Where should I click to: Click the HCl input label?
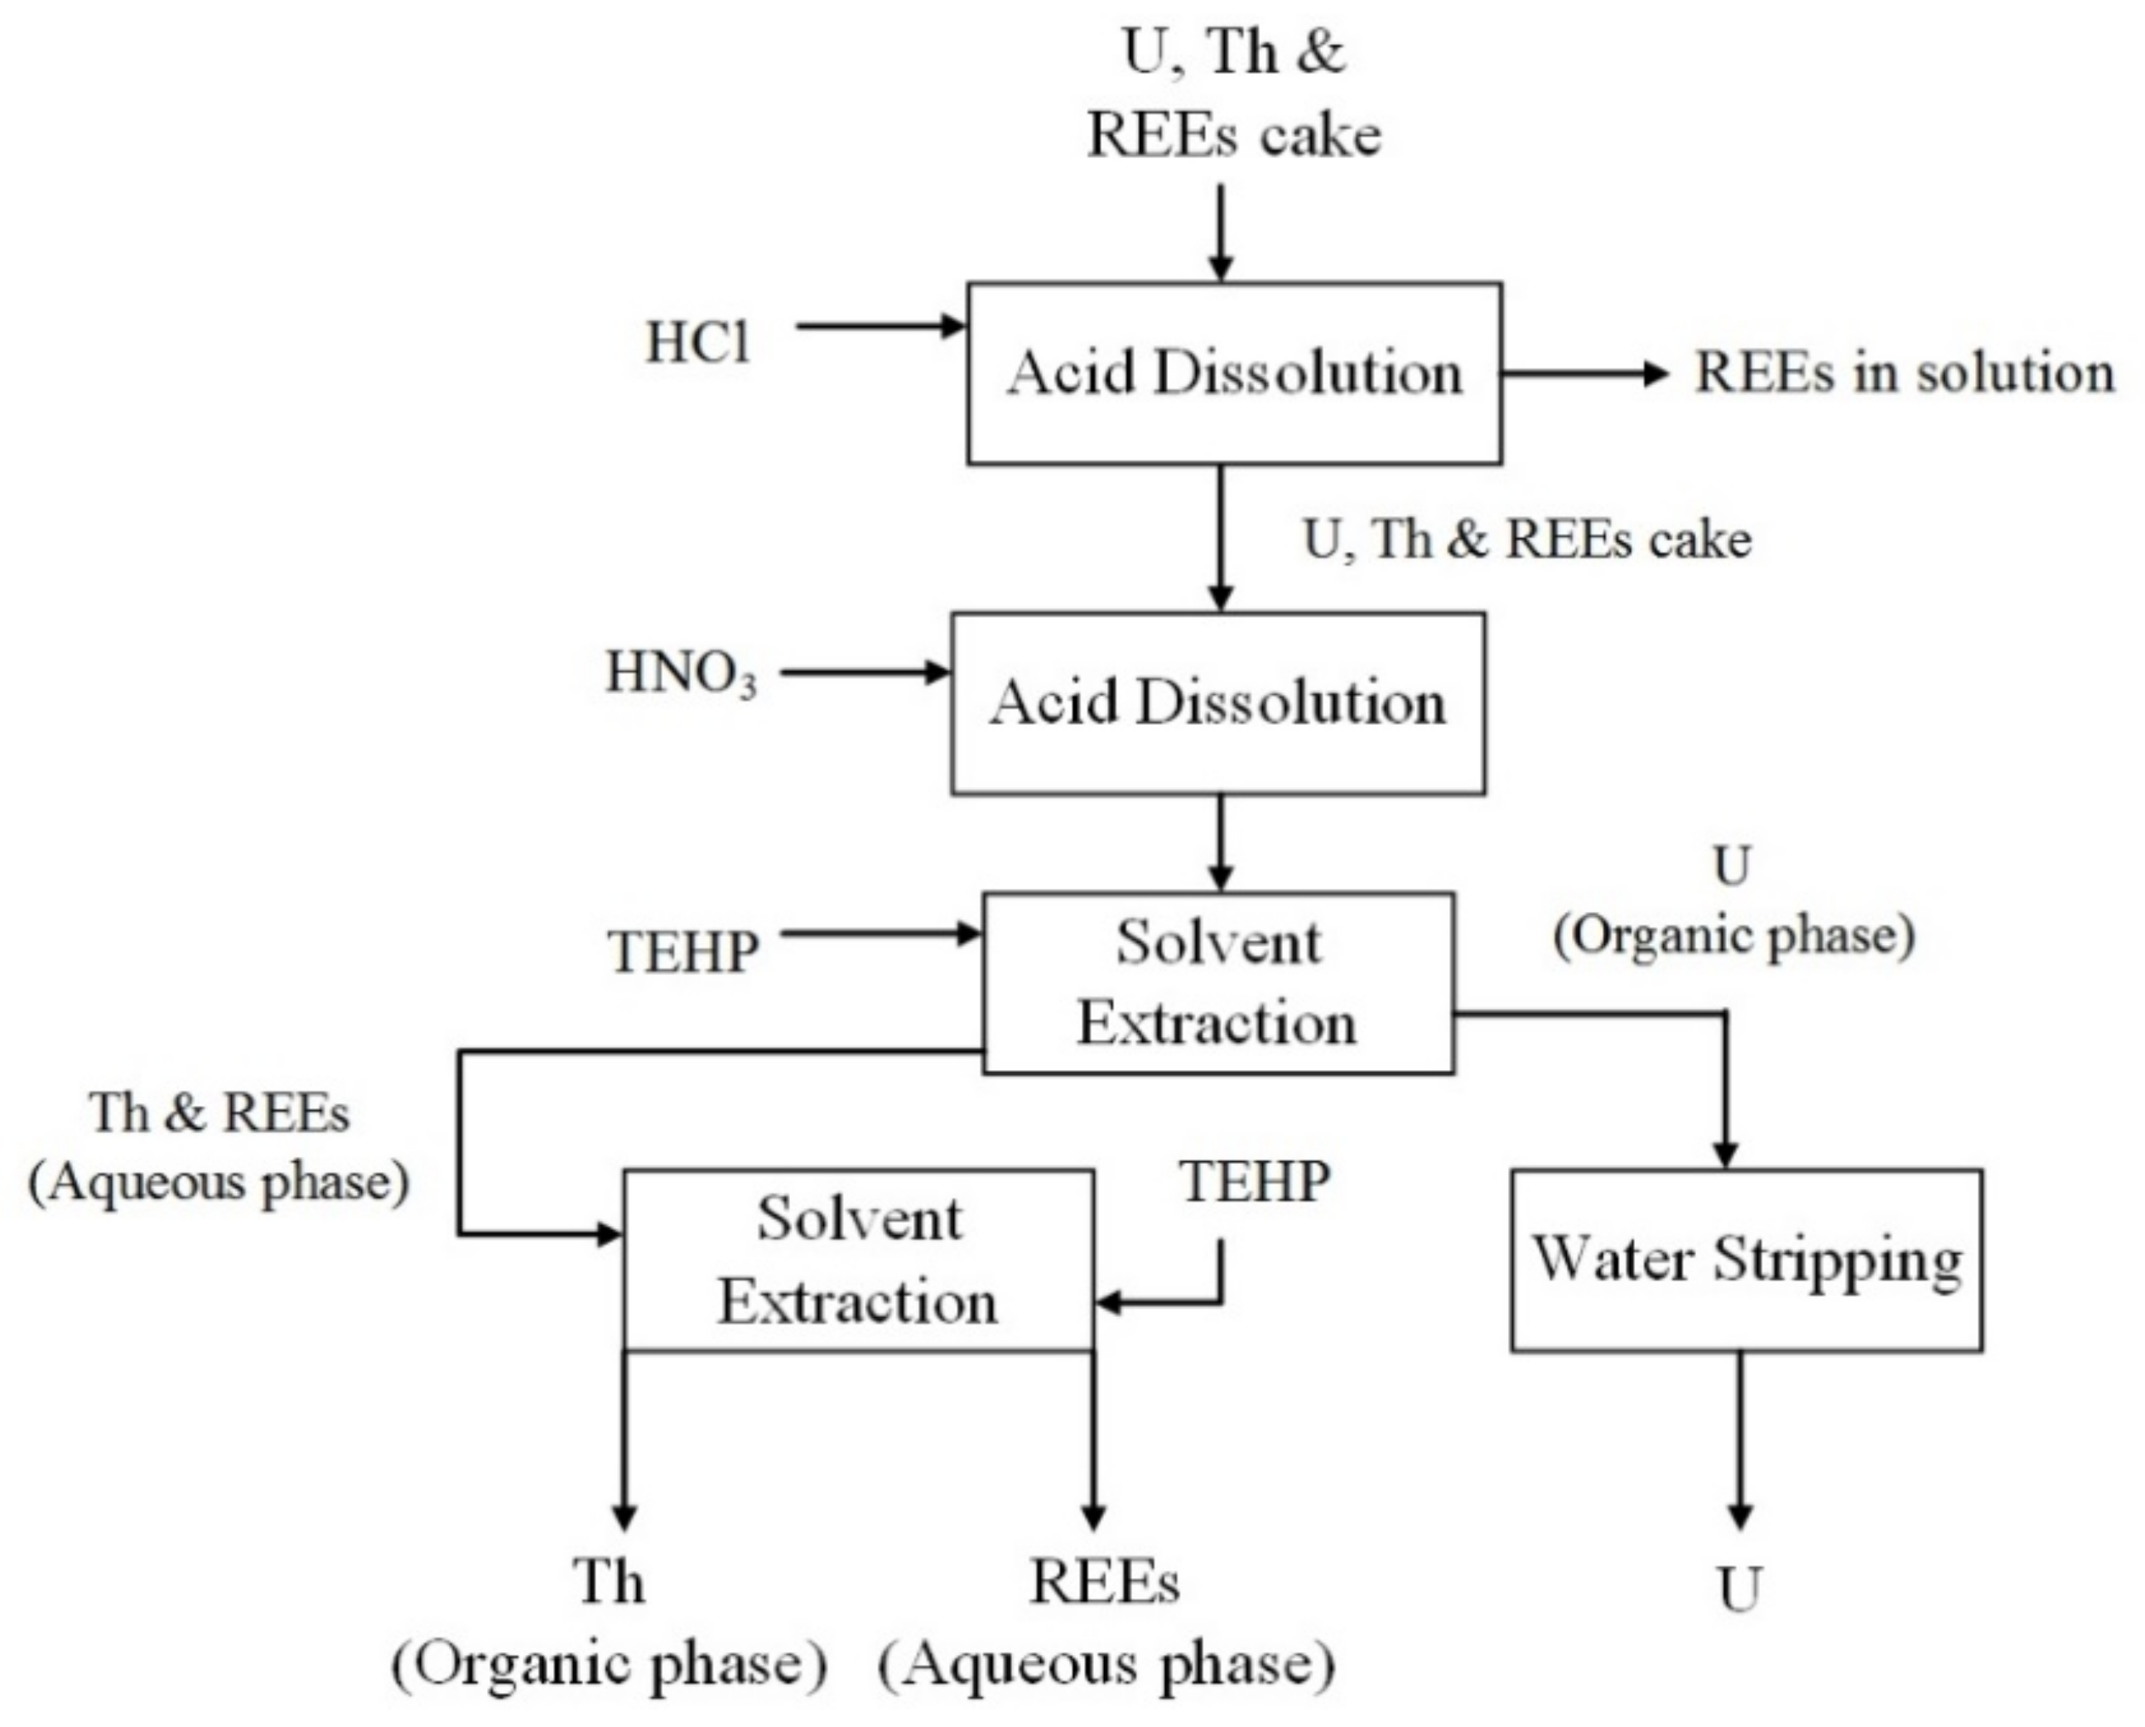point(697,343)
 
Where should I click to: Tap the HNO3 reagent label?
point(682,673)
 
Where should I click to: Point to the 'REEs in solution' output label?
point(1904,373)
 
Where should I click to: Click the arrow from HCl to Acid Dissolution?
point(881,326)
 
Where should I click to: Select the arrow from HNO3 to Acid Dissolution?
point(865,673)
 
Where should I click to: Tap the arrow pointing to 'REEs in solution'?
point(1586,374)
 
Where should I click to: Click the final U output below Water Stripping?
point(1740,1589)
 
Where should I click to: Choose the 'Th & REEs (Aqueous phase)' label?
point(219,1147)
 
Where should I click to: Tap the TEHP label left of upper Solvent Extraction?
point(683,952)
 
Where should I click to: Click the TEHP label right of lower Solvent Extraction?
point(1256,1182)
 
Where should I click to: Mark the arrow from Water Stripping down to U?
point(1740,1441)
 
